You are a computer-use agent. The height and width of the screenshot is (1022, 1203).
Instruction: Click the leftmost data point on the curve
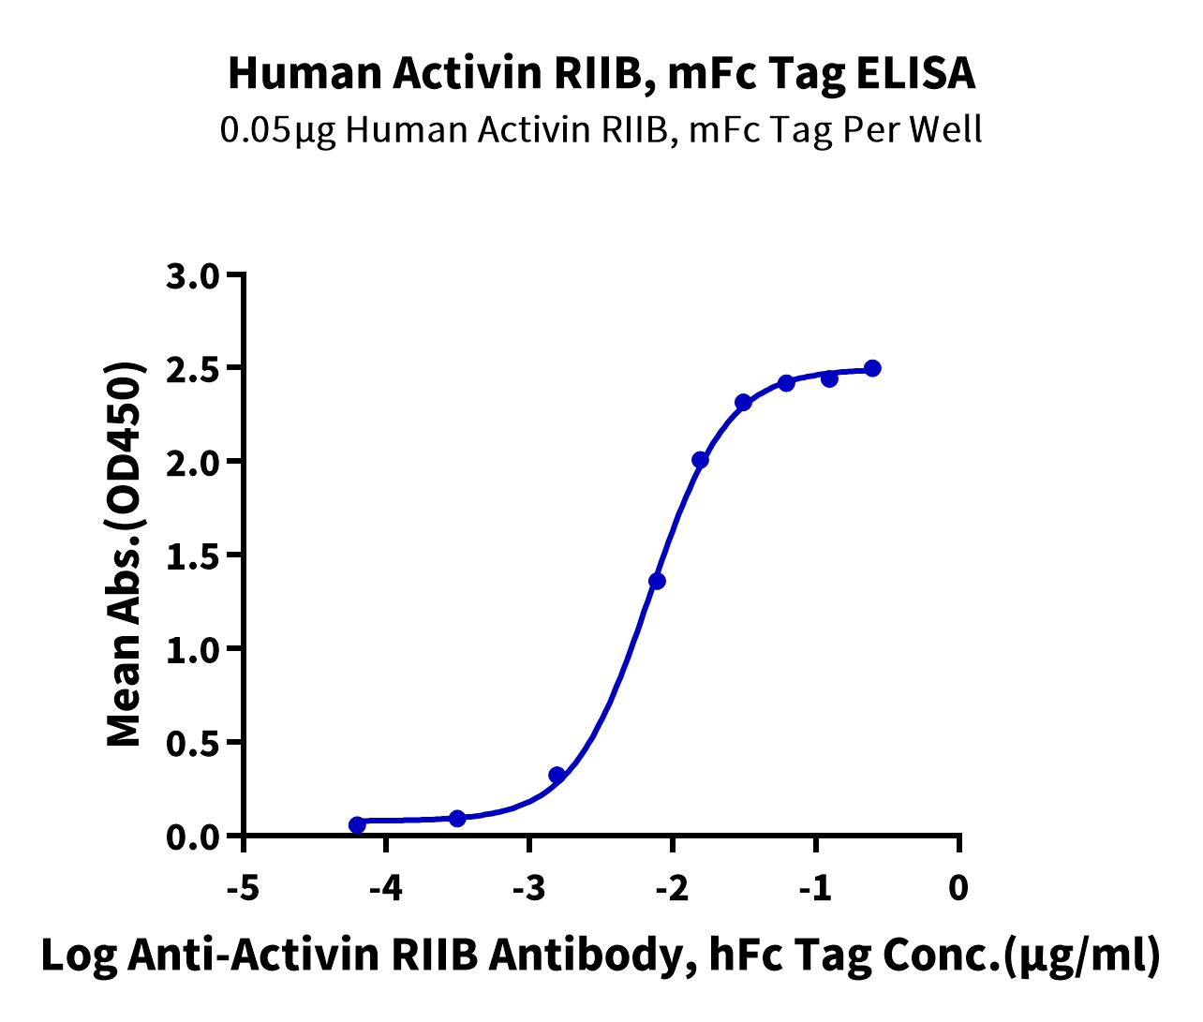(x=357, y=824)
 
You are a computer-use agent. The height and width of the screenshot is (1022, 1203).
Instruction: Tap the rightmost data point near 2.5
(x=872, y=368)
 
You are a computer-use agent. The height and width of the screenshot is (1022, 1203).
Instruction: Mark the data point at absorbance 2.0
(x=700, y=460)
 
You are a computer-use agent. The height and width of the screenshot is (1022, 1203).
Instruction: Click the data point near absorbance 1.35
(x=657, y=581)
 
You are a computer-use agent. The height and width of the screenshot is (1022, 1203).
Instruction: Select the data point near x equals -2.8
(x=557, y=775)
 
